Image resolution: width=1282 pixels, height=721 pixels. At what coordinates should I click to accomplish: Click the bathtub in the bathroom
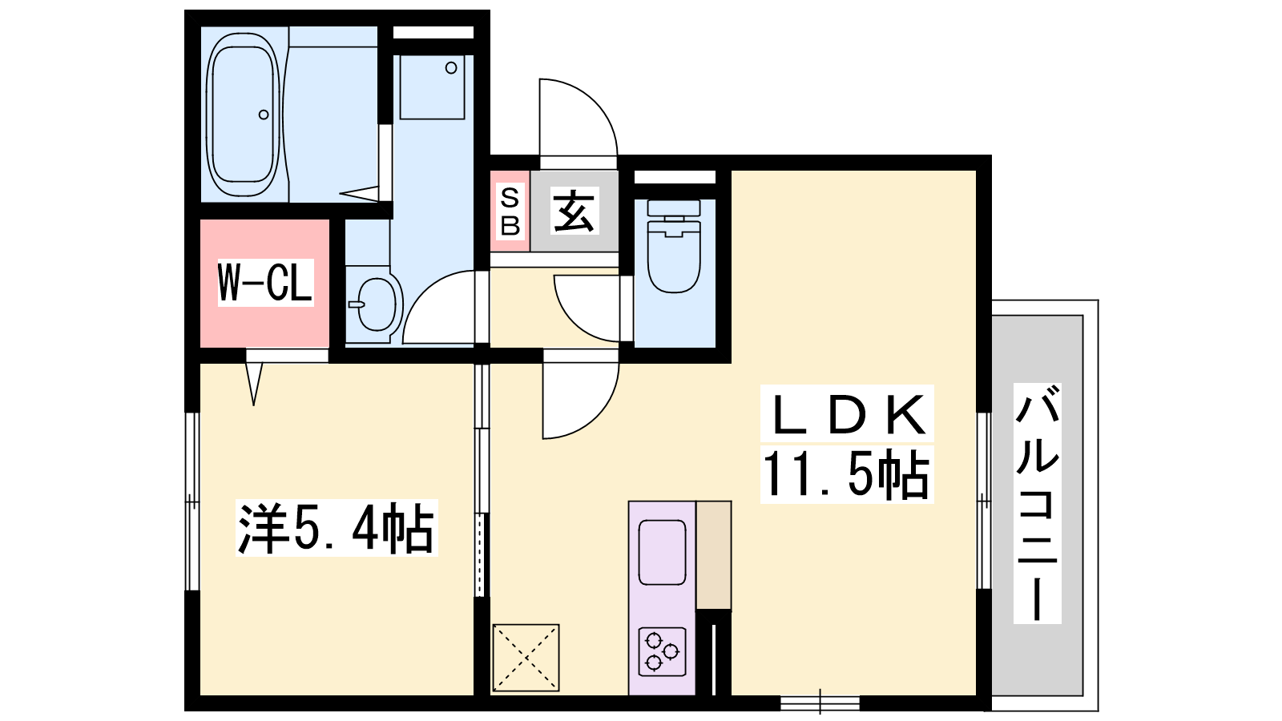point(244,115)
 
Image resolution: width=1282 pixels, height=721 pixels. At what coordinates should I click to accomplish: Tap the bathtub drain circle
point(264,115)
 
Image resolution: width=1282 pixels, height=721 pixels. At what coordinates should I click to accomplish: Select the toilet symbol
point(674,246)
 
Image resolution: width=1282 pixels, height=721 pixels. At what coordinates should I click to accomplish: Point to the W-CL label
point(265,282)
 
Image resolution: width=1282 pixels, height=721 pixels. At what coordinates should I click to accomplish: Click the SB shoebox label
point(510,211)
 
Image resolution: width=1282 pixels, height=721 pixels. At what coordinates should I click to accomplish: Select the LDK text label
point(846,413)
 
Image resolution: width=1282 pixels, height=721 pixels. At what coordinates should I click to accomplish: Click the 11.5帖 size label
point(846,474)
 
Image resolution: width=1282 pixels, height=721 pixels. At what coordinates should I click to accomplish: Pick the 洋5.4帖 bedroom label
point(337,528)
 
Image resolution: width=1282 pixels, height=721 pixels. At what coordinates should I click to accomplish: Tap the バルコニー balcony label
point(1037,503)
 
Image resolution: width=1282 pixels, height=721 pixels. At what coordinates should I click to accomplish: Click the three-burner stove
point(662,651)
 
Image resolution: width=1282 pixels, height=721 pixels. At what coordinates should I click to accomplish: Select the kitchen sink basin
point(662,552)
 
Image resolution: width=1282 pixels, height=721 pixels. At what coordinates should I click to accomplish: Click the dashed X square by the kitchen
point(526,658)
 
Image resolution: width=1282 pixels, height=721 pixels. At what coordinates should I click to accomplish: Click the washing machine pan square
point(432,87)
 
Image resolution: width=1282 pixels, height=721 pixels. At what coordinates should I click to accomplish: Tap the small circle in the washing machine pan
point(451,68)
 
